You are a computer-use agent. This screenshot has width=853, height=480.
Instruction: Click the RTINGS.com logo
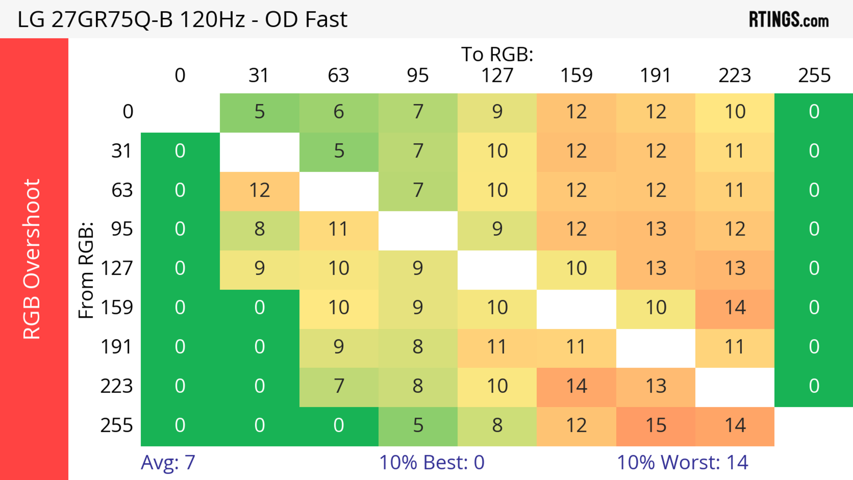pyautogui.click(x=789, y=20)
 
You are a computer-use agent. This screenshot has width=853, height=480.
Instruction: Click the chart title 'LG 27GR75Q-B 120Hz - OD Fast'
pyautogui.click(x=182, y=20)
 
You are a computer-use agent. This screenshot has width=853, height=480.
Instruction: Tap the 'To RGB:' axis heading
pyautogui.click(x=497, y=54)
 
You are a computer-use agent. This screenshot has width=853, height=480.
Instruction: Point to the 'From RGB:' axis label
pyautogui.click(x=86, y=270)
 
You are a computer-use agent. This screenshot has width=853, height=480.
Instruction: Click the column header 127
pyautogui.click(x=497, y=76)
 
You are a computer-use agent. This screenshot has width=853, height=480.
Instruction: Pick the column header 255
pyautogui.click(x=814, y=76)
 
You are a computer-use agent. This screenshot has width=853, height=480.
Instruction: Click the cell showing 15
pyautogui.click(x=656, y=425)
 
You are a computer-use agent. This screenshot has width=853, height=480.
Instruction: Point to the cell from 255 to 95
pyautogui.click(x=418, y=425)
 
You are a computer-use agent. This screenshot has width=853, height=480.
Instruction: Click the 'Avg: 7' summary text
pyautogui.click(x=168, y=462)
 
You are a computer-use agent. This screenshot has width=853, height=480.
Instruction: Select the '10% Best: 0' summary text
pyautogui.click(x=431, y=462)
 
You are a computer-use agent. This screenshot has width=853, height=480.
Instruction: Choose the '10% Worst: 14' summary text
pyautogui.click(x=682, y=462)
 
